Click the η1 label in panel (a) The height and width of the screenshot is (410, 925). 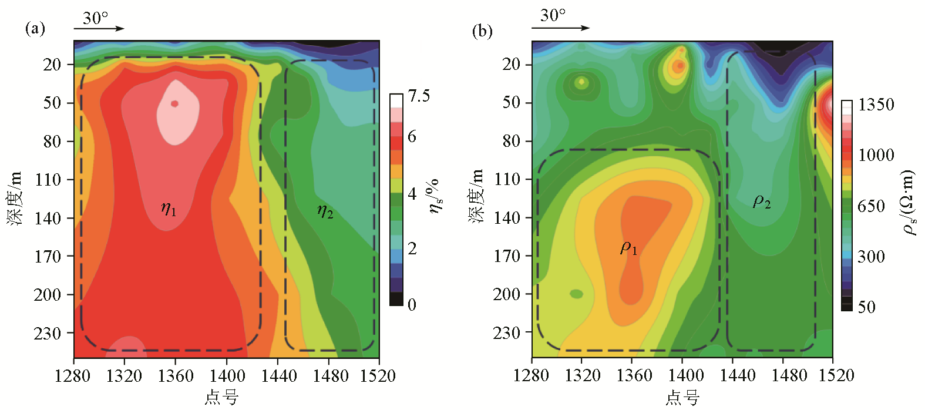(168, 209)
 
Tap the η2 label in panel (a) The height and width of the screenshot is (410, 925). (325, 211)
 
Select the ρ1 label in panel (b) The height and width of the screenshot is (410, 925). (628, 248)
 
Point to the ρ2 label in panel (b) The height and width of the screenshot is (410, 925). (762, 202)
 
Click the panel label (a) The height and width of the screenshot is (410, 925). (35, 28)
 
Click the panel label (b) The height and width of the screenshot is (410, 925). (482, 31)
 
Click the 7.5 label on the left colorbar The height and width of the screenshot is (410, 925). (419, 96)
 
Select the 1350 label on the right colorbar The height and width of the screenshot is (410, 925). (876, 105)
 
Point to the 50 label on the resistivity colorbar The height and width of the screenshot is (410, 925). (866, 307)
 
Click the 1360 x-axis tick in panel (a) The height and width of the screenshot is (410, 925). (175, 376)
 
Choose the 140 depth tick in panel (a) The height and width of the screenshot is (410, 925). (48, 218)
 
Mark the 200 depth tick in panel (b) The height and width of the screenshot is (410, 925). (507, 294)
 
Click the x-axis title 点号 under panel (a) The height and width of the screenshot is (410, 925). (221, 398)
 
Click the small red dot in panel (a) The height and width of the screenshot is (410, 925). (174, 104)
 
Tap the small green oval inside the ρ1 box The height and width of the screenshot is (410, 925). (577, 294)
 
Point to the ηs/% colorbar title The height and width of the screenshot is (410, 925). (435, 196)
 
